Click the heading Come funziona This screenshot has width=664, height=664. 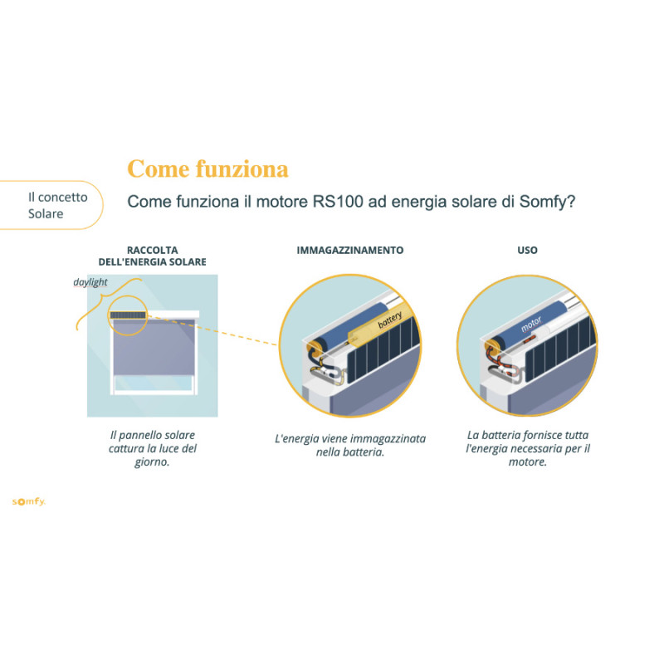point(207,169)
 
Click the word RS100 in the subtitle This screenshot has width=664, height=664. point(339,202)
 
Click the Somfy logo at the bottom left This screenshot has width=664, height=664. point(28,501)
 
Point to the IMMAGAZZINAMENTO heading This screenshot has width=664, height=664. point(349,250)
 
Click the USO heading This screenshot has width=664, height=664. point(527,250)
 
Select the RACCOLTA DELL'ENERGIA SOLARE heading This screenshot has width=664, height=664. point(153,255)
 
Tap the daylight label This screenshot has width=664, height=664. point(90,282)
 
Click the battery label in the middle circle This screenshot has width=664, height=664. point(389,321)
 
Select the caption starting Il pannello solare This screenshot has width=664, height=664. point(153,449)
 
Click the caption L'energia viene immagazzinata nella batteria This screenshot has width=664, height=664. point(349,445)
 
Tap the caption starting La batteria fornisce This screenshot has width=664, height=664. point(527,449)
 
